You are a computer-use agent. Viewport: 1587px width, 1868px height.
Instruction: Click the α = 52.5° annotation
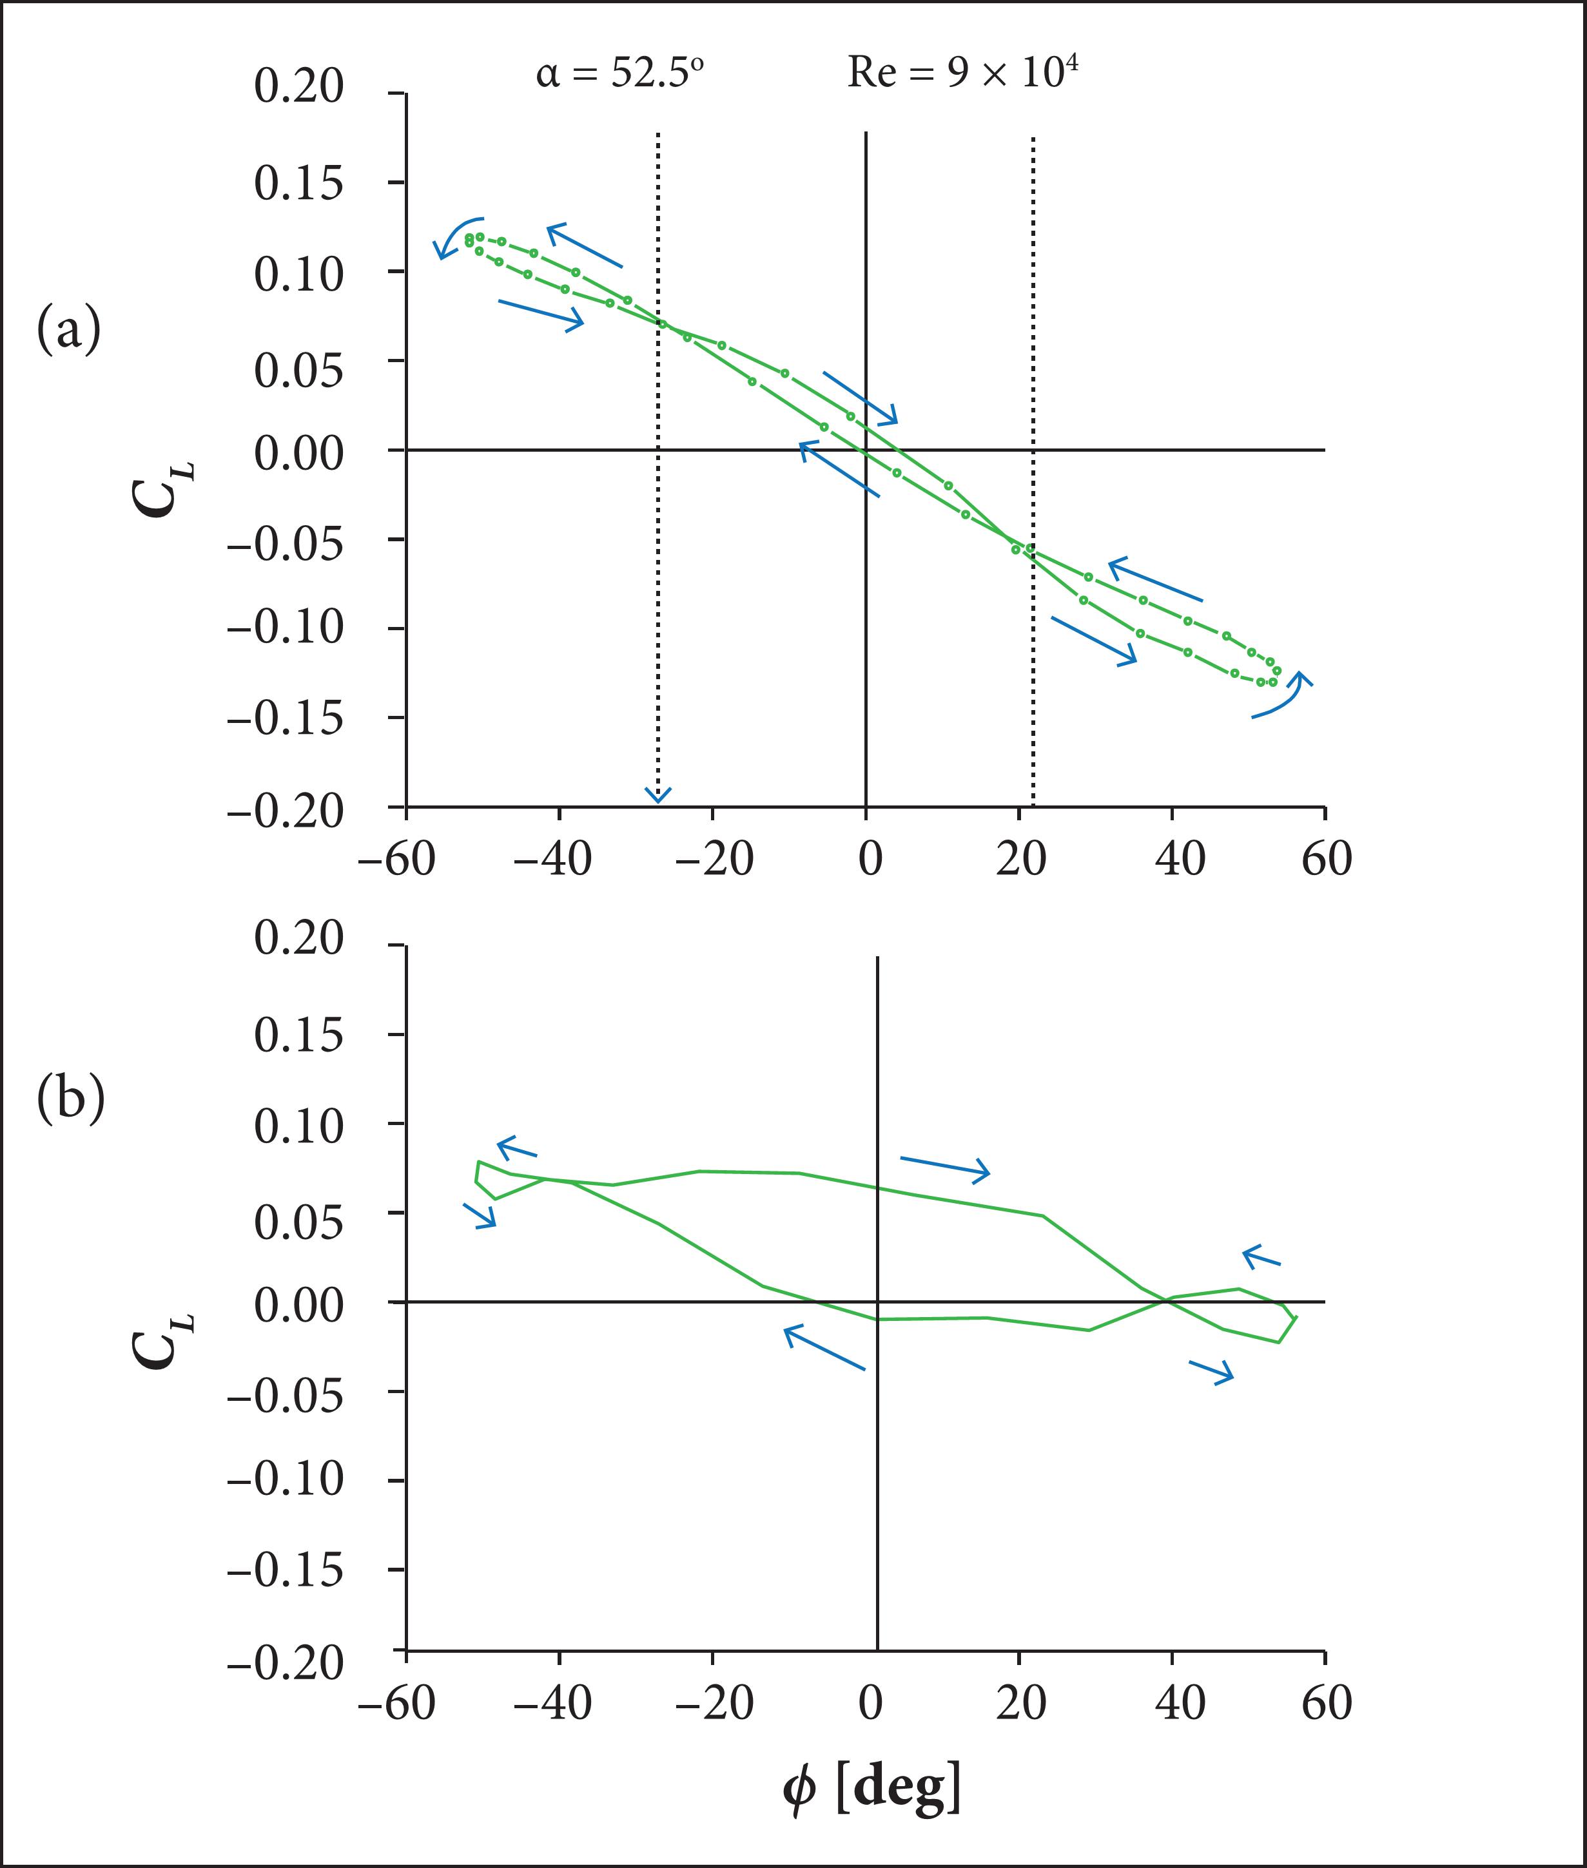(x=619, y=73)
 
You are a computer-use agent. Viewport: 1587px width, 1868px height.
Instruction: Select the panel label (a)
(x=68, y=330)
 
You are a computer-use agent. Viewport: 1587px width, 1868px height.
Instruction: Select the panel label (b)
(x=70, y=1100)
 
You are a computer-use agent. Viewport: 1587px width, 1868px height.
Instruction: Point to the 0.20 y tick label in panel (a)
(x=298, y=87)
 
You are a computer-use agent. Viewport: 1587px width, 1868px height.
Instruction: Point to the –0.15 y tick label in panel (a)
(x=285, y=718)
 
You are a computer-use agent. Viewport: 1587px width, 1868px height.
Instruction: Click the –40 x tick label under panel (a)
(x=552, y=859)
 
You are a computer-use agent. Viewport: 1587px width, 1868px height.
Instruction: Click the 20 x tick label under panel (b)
(x=1021, y=1702)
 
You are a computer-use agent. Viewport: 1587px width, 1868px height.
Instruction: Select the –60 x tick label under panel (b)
(x=397, y=1702)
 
